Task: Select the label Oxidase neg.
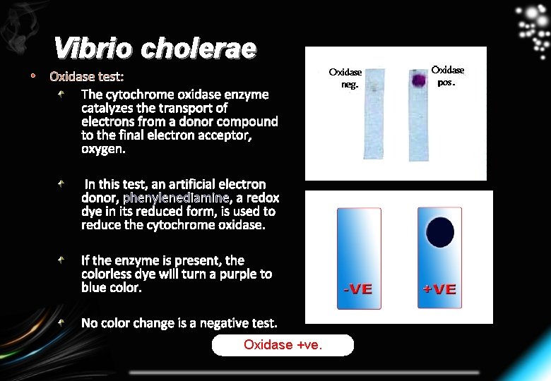345,78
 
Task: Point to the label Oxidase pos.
448,75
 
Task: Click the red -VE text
357,289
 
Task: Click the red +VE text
439,289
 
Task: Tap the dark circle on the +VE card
440,233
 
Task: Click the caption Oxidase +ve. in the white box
283,345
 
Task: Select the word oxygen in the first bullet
102,149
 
